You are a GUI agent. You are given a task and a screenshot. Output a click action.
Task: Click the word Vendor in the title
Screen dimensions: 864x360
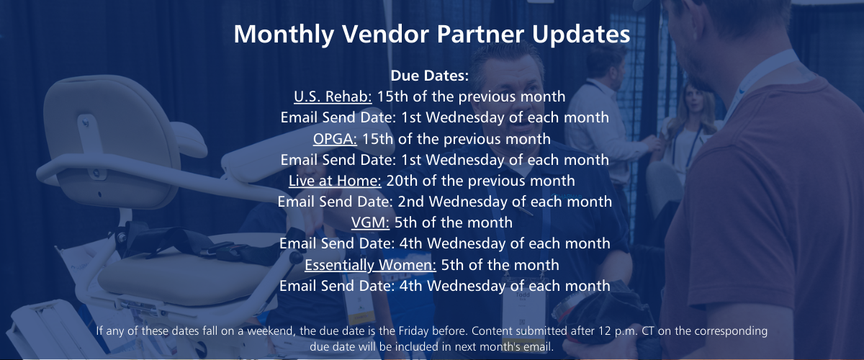pyautogui.click(x=385, y=34)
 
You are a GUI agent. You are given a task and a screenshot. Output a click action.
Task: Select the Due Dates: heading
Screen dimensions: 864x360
pyautogui.click(x=430, y=76)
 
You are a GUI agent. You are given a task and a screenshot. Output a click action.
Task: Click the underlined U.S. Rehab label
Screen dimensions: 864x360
pyautogui.click(x=333, y=96)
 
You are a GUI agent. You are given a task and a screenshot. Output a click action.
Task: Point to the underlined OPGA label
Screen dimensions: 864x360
pyautogui.click(x=335, y=139)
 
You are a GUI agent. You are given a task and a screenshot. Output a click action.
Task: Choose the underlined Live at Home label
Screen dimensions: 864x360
pyautogui.click(x=335, y=181)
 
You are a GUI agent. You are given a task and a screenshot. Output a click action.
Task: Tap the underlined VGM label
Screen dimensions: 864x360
pyautogui.click(x=370, y=222)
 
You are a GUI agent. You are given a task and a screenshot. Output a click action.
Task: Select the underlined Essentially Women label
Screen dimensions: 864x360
pyautogui.click(x=370, y=265)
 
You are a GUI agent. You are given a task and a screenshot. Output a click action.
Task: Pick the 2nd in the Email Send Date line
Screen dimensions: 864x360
pyautogui.click(x=411, y=202)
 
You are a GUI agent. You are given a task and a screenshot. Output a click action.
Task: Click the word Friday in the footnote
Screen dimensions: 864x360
pyautogui.click(x=413, y=331)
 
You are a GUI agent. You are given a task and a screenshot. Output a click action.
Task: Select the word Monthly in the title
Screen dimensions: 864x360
pyautogui.click(x=284, y=35)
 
